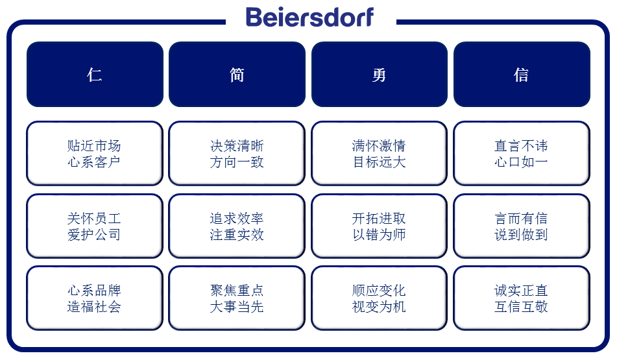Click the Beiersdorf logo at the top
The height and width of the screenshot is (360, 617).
pos(309,18)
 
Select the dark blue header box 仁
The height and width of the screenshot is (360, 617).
pos(95,75)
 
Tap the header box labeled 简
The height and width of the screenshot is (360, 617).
pos(237,75)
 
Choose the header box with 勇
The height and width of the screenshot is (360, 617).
pos(380,75)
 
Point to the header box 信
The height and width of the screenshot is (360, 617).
pos(522,75)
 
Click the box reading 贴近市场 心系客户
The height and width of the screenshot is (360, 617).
pos(95,154)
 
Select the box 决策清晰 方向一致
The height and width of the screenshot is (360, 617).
pos(237,154)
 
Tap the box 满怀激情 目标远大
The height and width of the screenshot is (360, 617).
pos(380,154)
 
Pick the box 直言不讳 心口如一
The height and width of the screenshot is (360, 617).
pos(522,154)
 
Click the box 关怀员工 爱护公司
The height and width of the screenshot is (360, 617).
pos(95,226)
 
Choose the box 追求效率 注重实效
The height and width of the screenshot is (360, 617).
pos(237,226)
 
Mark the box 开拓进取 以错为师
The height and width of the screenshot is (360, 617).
pos(380,226)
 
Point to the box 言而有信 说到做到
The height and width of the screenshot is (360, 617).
pos(522,226)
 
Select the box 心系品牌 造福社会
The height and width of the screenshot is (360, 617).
pos(95,298)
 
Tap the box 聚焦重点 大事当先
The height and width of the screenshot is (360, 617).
pos(237,298)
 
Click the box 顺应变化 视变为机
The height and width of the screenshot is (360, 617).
pos(380,298)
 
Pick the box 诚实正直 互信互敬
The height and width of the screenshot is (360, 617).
pos(522,298)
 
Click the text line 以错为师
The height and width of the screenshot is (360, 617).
pos(380,235)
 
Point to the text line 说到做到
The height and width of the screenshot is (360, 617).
pos(522,235)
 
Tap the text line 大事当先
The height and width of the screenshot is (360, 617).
pos(237,307)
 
